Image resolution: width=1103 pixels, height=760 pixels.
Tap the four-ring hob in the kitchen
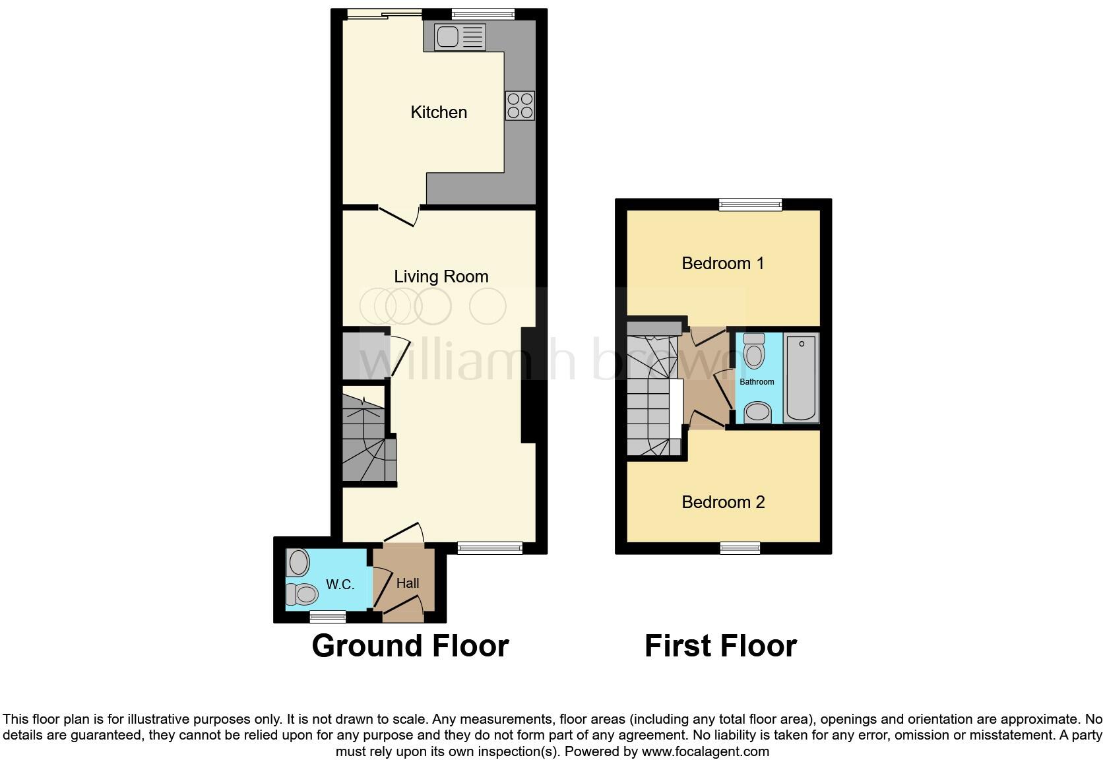pyautogui.click(x=520, y=106)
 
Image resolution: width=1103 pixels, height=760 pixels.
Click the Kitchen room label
pyautogui.click(x=439, y=112)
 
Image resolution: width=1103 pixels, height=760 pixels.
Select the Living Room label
pyautogui.click(x=441, y=276)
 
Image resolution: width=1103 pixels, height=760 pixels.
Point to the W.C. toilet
pyautogui.click(x=303, y=594)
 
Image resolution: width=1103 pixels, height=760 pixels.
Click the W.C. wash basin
pyautogui.click(x=299, y=563)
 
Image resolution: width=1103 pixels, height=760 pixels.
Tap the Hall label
pyautogui.click(x=408, y=583)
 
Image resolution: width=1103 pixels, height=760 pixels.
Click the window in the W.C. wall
pyautogui.click(x=328, y=617)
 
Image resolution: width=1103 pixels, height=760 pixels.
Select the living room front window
pyautogui.click(x=490, y=547)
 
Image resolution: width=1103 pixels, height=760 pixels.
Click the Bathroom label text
pyautogui.click(x=757, y=382)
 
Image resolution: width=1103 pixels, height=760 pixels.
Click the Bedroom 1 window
pyautogui.click(x=750, y=205)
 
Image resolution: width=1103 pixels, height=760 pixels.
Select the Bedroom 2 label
pyautogui.click(x=723, y=502)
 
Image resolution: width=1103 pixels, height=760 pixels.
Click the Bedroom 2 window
pyautogui.click(x=740, y=548)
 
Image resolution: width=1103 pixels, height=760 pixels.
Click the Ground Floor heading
pyautogui.click(x=410, y=646)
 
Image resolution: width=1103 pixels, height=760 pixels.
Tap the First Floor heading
pyautogui.click(x=720, y=646)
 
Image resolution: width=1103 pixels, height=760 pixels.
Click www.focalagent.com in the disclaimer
pyautogui.click(x=705, y=751)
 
